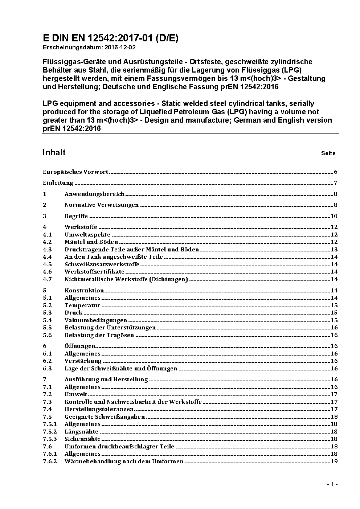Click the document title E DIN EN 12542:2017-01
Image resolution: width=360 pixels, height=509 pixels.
click(x=110, y=38)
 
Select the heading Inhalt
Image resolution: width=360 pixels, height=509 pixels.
click(x=54, y=152)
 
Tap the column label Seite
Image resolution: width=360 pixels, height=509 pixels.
click(x=328, y=153)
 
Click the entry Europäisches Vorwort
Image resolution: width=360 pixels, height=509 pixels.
click(x=75, y=172)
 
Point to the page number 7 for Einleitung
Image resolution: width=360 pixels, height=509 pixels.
click(x=336, y=183)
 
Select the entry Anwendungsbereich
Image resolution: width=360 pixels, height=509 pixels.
click(x=94, y=194)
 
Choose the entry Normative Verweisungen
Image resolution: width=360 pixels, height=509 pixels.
click(x=102, y=205)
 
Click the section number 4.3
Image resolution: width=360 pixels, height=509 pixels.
click(x=47, y=249)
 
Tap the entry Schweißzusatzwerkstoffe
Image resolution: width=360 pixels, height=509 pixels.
click(x=102, y=264)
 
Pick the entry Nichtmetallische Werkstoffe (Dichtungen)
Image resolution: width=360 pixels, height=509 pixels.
click(x=126, y=279)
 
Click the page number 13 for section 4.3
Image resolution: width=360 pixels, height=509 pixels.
click(x=334, y=249)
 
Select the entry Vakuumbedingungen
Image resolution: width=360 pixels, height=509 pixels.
click(x=96, y=320)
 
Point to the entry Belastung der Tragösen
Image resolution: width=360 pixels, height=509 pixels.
click(x=99, y=335)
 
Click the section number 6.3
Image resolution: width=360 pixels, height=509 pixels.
click(x=47, y=368)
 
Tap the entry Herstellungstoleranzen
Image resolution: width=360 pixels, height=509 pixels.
click(x=99, y=409)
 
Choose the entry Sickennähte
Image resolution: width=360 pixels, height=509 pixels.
click(x=82, y=439)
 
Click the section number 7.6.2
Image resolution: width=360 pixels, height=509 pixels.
click(x=50, y=461)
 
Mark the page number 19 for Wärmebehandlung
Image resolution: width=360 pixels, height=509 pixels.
click(x=334, y=461)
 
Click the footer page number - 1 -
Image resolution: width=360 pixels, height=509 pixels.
click(x=332, y=484)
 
